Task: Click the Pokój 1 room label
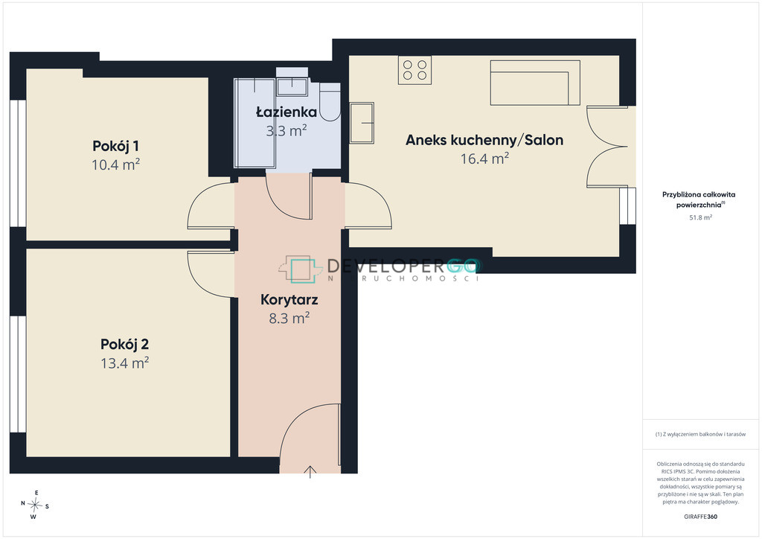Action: (x=115, y=146)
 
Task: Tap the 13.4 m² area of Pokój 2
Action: (x=124, y=363)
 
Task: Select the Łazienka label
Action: (x=286, y=112)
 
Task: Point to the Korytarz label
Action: (x=289, y=300)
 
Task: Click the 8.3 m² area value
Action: (x=289, y=318)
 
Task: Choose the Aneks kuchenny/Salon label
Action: (x=484, y=140)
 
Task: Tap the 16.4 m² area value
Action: (x=484, y=159)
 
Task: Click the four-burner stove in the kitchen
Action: (x=414, y=70)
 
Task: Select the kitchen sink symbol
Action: (x=362, y=123)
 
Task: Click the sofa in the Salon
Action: (x=535, y=83)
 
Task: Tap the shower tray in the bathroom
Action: (x=254, y=124)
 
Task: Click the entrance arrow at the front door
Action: (x=310, y=472)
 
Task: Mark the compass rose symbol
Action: (x=34, y=505)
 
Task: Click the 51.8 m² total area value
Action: (x=701, y=217)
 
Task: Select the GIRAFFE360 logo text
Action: (x=700, y=516)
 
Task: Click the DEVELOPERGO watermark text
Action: (x=403, y=266)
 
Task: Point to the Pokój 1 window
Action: (x=18, y=163)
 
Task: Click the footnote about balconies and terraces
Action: (x=700, y=434)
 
